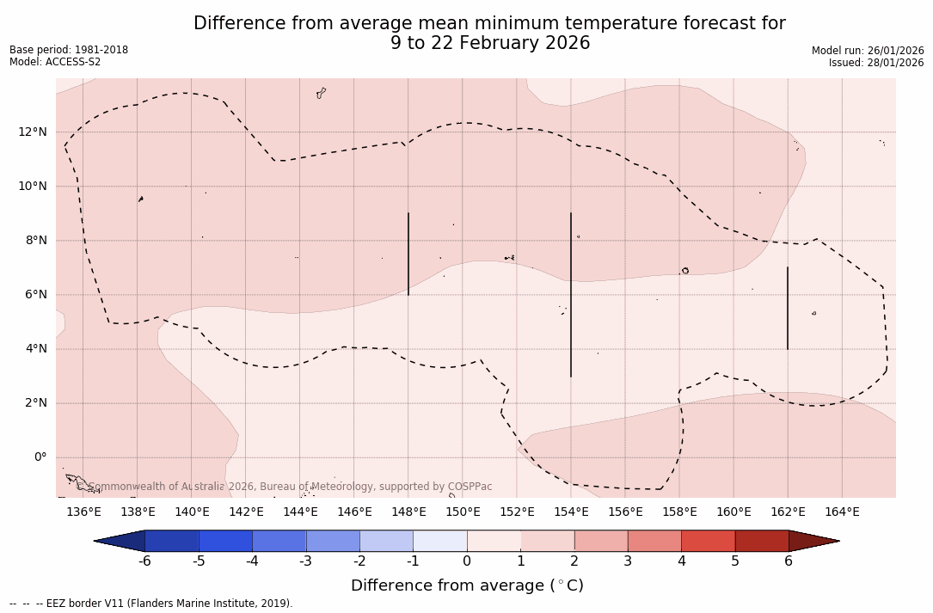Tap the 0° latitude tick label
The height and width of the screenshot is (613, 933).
click(x=40, y=457)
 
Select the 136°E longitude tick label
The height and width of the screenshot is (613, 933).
click(x=83, y=512)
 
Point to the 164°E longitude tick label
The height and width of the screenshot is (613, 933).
click(x=842, y=512)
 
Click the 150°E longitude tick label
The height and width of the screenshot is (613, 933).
click(x=463, y=512)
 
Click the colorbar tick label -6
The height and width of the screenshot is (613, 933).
click(x=144, y=561)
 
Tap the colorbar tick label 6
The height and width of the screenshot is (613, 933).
click(x=789, y=561)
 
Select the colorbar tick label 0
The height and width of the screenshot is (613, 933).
click(x=467, y=561)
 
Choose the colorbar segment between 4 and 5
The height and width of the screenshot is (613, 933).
click(x=708, y=541)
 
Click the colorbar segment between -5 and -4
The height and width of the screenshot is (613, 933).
click(x=225, y=541)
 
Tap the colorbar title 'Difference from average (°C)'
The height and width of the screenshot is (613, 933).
click(x=467, y=585)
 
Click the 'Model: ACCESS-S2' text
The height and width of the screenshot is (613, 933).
click(x=55, y=62)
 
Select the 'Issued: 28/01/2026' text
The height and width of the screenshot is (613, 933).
click(x=876, y=63)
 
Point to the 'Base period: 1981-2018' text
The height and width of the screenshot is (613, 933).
click(x=69, y=50)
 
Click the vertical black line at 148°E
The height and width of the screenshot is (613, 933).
click(x=408, y=254)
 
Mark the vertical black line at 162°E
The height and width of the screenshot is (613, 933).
click(x=788, y=308)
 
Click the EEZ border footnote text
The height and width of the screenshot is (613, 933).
click(x=151, y=604)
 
